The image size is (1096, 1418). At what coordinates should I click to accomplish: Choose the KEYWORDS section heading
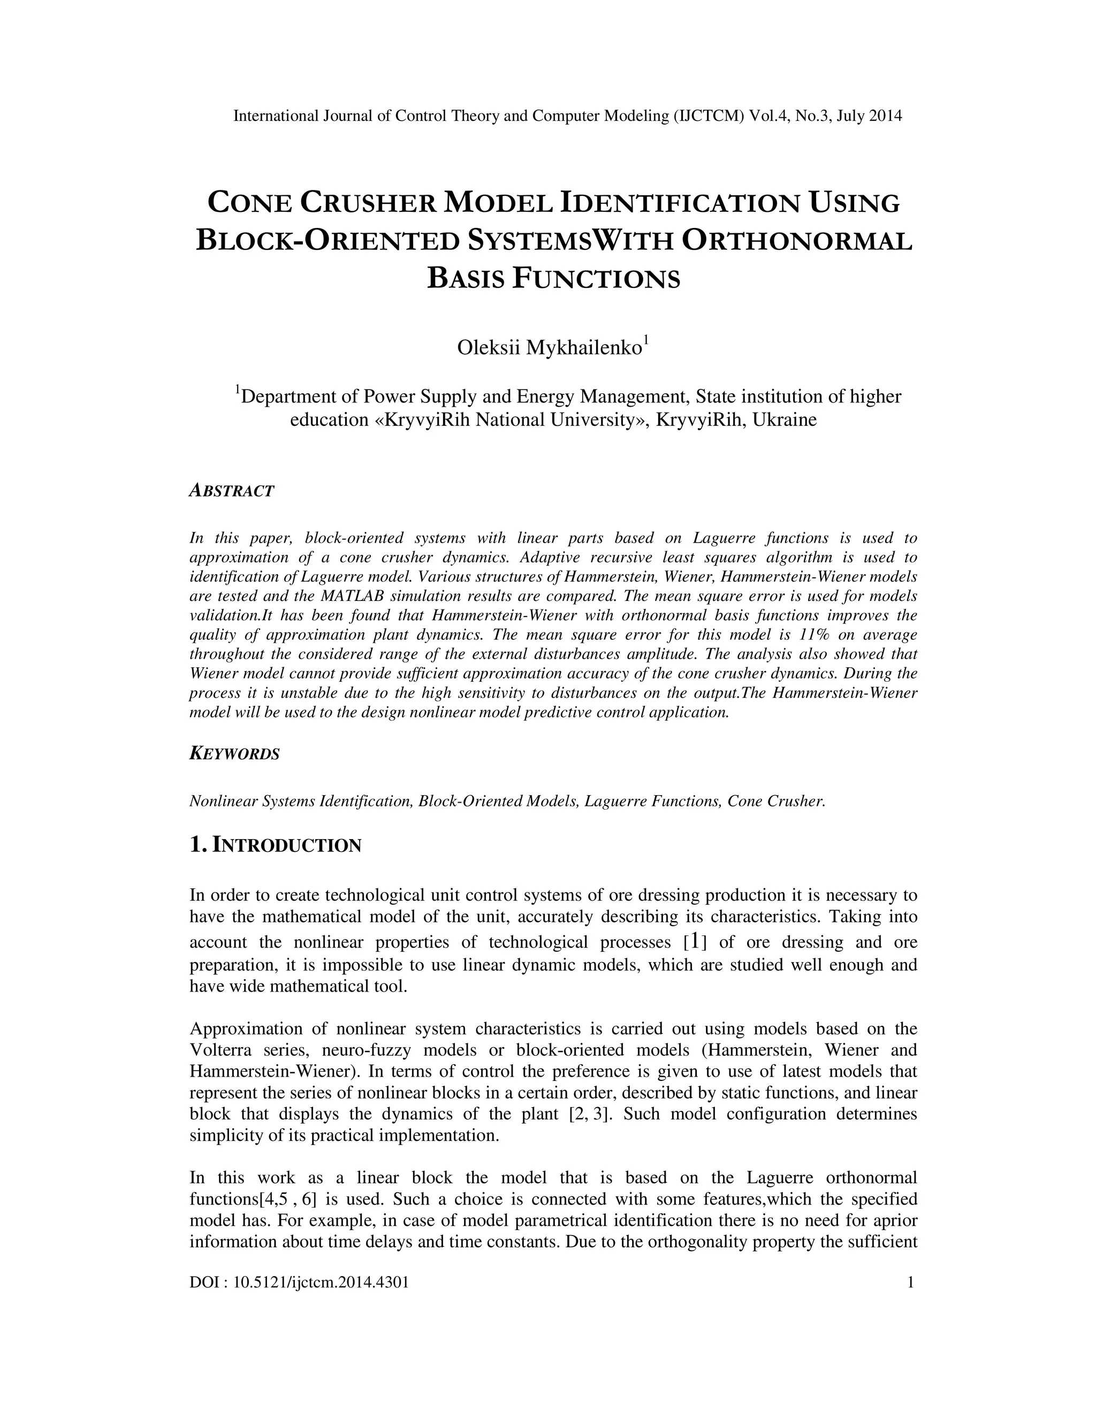[x=234, y=754]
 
